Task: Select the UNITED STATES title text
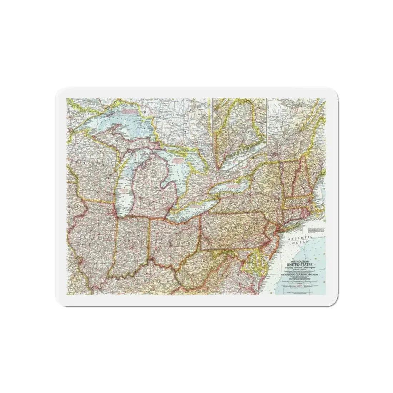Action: coord(302,264)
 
